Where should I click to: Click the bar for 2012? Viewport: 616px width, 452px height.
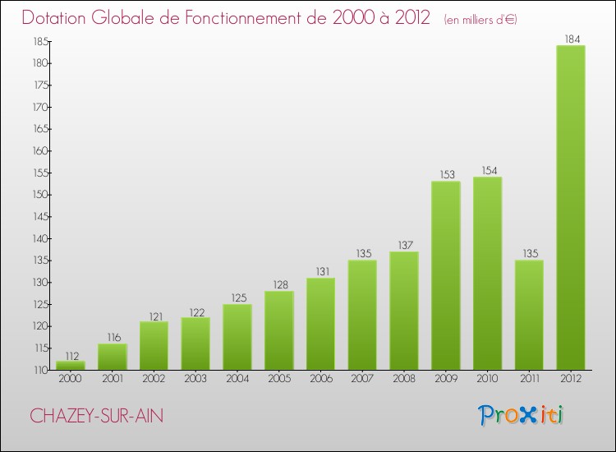pos(571,207)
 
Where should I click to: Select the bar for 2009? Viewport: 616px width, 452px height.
pos(446,275)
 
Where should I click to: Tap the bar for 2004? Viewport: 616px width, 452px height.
pos(237,337)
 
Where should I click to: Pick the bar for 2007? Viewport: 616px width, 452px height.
pos(362,315)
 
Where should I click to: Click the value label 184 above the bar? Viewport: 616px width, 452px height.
pos(571,38)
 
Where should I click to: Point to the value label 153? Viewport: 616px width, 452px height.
pos(446,173)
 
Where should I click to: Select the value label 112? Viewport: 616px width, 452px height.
pos(71,356)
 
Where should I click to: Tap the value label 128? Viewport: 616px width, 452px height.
pos(279,284)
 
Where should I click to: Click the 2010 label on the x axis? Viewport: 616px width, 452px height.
pos(487,379)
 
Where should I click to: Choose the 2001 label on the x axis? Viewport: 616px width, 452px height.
pos(113,379)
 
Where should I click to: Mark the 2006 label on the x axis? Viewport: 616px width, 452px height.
pos(320,379)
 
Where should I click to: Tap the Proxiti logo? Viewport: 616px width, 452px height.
pos(522,415)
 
